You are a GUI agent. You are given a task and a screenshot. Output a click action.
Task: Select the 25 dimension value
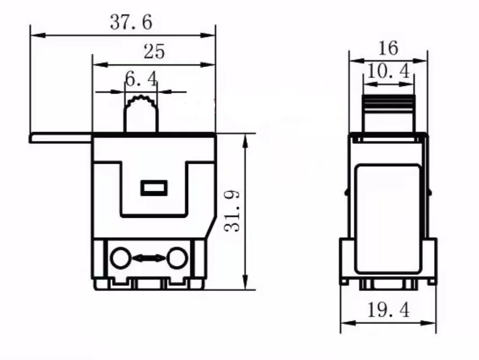pyautogui.click(x=154, y=51)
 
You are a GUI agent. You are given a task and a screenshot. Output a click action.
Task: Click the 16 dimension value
pyautogui.click(x=388, y=48)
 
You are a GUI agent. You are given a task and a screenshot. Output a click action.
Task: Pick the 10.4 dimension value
pyautogui.click(x=388, y=71)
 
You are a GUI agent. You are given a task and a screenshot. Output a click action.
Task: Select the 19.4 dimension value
pyautogui.click(x=388, y=310)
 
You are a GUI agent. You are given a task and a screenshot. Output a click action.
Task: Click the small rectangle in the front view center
pyautogui.click(x=154, y=188)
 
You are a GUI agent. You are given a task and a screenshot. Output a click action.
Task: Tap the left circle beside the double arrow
pyautogui.click(x=120, y=258)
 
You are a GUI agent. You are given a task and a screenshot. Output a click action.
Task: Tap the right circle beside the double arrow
pyautogui.click(x=177, y=258)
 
